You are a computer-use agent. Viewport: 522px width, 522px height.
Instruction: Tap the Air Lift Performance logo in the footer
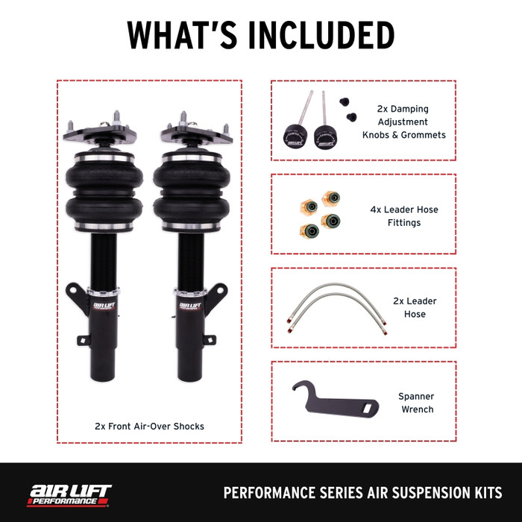click(69, 495)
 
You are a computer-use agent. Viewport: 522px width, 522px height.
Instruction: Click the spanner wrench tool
click(335, 401)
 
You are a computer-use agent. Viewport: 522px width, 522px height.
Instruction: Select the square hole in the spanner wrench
click(367, 407)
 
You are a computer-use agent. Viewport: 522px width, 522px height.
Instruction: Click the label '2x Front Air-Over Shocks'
click(149, 426)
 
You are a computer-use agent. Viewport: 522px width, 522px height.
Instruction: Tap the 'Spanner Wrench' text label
click(416, 403)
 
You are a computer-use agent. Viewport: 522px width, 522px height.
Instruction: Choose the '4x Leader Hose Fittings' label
click(404, 216)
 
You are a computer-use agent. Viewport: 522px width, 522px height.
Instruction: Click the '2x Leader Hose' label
click(415, 307)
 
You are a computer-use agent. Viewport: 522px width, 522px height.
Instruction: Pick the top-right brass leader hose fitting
click(331, 198)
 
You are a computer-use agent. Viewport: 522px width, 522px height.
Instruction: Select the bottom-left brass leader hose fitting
click(309, 231)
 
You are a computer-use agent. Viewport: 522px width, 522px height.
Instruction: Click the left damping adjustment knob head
click(295, 136)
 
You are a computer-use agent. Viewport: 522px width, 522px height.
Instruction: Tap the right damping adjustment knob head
click(325, 136)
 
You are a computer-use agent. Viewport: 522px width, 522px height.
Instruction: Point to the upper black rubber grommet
click(345, 101)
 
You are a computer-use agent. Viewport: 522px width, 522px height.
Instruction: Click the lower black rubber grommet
click(351, 117)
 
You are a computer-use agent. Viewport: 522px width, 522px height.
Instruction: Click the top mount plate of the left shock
click(100, 134)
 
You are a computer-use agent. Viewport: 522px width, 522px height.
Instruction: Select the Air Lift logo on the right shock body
click(190, 306)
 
